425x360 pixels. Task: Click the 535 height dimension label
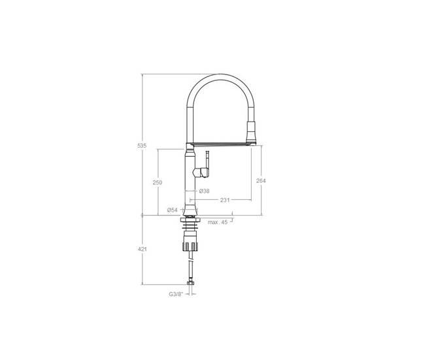142,146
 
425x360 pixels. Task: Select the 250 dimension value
158,182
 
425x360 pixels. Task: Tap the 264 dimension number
261,181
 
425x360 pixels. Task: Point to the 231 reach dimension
225,200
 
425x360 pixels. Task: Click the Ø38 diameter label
205,191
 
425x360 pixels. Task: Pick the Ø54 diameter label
173,210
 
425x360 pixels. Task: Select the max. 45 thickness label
218,222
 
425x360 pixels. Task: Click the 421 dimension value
143,249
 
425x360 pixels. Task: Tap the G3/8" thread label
176,294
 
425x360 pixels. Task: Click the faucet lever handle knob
201,172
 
